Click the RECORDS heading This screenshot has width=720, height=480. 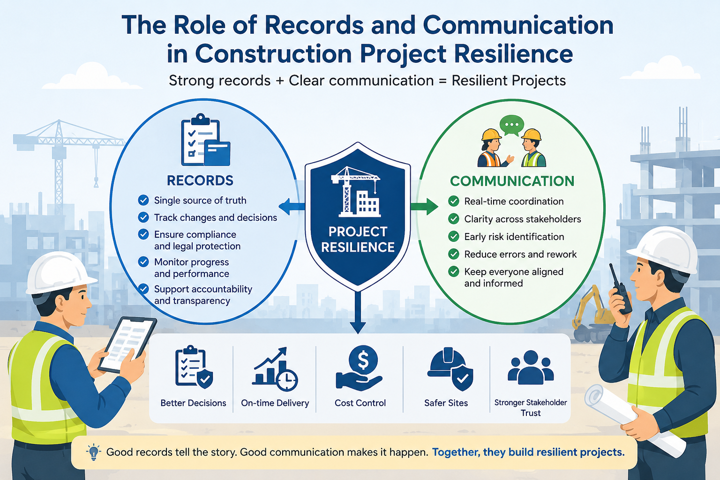coord(200,180)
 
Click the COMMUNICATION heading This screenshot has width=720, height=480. coord(512,181)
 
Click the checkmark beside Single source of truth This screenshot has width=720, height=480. coord(143,200)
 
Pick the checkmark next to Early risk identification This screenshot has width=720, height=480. coord(454,237)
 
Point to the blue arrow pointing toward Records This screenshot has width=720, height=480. coord(292,206)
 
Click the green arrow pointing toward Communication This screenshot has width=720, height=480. coord(424,206)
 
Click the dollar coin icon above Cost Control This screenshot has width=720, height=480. coord(363,360)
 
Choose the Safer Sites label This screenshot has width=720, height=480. coord(446,403)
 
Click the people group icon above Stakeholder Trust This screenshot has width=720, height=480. coord(531,367)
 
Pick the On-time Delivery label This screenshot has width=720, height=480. coord(275,403)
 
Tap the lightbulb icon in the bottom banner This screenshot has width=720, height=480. coord(94,452)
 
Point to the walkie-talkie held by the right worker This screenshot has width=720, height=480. coord(620,289)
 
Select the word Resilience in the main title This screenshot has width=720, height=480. coord(513,54)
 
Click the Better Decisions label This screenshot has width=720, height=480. coord(193,403)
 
